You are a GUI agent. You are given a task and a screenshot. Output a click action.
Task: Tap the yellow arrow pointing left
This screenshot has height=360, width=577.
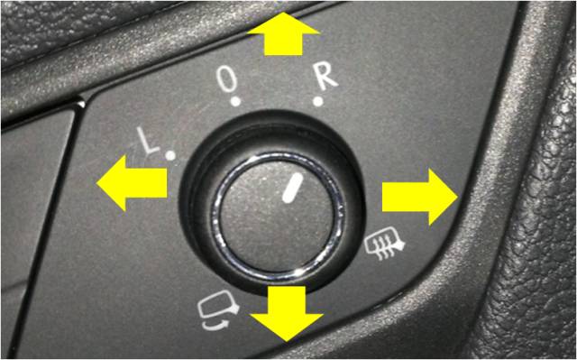[132, 183]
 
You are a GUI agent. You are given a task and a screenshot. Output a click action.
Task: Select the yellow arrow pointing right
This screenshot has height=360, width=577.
[420, 197]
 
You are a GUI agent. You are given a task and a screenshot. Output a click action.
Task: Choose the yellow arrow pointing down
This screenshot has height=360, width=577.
[287, 314]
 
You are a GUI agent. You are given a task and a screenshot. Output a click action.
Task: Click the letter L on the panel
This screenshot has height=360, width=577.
[148, 141]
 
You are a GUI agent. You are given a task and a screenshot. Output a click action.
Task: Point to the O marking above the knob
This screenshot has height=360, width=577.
[226, 81]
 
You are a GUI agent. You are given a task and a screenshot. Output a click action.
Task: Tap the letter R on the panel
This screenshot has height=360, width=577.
[326, 78]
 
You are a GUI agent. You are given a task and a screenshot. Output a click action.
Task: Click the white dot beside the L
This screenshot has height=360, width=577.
[170, 156]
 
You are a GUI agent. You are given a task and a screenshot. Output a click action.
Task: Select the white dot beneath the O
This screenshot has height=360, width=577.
[235, 102]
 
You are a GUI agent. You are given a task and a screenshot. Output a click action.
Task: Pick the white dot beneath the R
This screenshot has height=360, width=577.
[318, 102]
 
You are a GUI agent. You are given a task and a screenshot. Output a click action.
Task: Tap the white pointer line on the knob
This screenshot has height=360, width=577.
[292, 188]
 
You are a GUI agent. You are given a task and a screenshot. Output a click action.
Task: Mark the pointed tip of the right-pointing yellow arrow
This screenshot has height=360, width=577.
[458, 197]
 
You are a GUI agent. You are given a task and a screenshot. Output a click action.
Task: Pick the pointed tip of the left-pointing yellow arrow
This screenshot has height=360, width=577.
[96, 183]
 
